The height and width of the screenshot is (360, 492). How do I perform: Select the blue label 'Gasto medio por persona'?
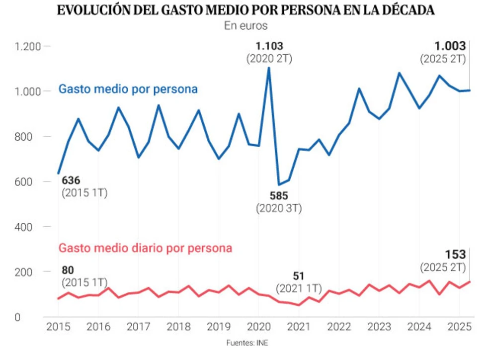pos(128,90)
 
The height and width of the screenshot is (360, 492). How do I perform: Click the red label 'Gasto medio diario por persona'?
pos(145,248)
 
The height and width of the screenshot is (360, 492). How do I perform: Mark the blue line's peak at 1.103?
pos(269,68)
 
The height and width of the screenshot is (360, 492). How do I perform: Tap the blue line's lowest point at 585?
pos(279,184)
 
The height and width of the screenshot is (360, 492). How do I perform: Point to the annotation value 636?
pos(71,180)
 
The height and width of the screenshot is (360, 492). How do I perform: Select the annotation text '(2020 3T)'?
pos(279,208)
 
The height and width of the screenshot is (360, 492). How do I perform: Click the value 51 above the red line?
pos(299,276)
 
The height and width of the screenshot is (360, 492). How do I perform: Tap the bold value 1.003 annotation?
pos(450,46)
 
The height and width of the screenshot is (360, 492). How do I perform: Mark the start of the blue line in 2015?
pos(58,173)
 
